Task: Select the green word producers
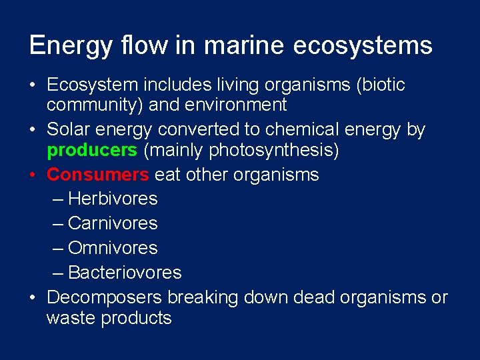(x=91, y=151)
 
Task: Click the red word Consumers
(x=98, y=175)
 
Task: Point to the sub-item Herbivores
(x=113, y=199)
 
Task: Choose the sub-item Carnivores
(x=113, y=223)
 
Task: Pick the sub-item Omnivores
(x=113, y=248)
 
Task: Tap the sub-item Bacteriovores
(x=125, y=273)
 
